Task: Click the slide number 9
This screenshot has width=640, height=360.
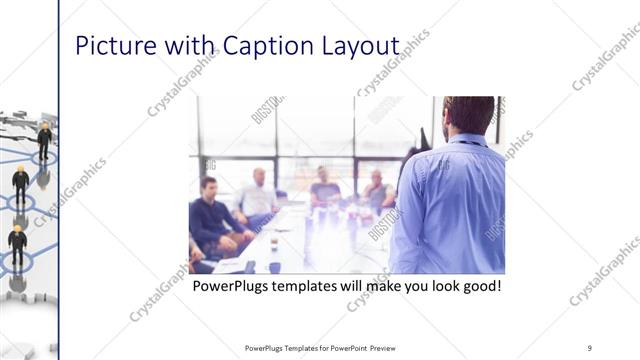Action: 589,347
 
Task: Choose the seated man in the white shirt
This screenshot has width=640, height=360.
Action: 257,196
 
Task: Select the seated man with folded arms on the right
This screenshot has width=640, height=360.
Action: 378,190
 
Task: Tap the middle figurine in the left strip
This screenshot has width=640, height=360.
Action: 21,184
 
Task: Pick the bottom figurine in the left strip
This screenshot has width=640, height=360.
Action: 17,245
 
